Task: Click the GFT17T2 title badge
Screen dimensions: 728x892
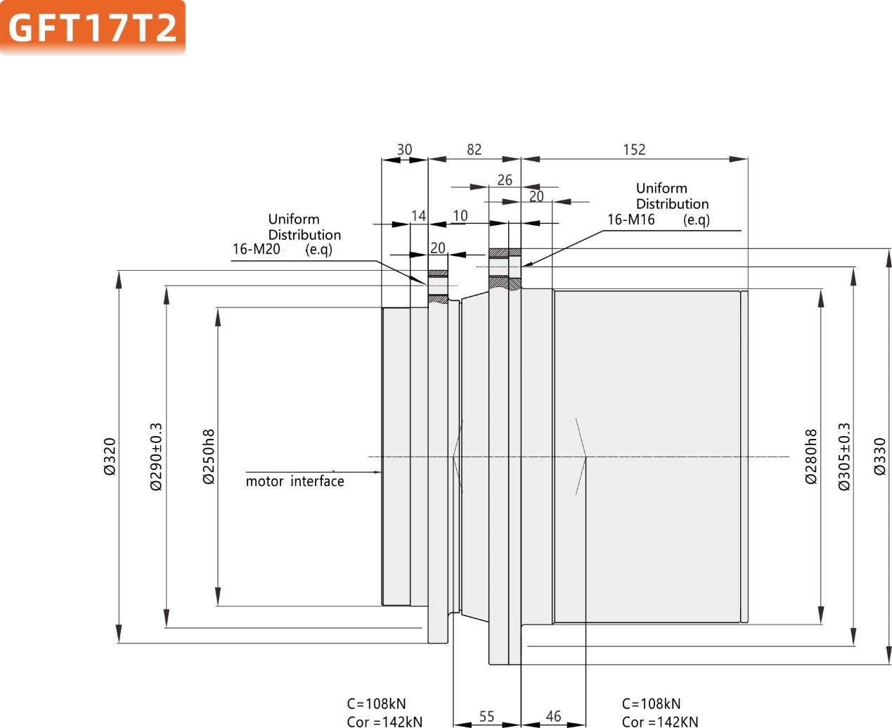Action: pyautogui.click(x=92, y=27)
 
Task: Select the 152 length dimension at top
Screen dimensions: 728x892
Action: pyautogui.click(x=633, y=149)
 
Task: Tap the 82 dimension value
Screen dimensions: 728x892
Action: pyautogui.click(x=474, y=149)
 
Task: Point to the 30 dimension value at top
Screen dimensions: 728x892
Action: pyautogui.click(x=404, y=149)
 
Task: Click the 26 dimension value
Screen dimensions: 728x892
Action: pyautogui.click(x=505, y=180)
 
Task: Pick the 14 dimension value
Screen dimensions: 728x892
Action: pyautogui.click(x=418, y=216)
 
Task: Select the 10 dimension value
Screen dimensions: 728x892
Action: pyautogui.click(x=460, y=216)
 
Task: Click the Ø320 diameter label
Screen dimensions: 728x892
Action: pyautogui.click(x=110, y=456)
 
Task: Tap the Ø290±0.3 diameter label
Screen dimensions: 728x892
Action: pyautogui.click(x=156, y=456)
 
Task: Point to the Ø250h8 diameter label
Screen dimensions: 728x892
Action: pyautogui.click(x=209, y=456)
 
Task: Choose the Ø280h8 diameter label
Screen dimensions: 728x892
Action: pyautogui.click(x=811, y=456)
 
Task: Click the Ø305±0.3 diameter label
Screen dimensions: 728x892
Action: pyautogui.click(x=844, y=456)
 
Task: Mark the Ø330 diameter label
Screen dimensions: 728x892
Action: pyautogui.click(x=880, y=456)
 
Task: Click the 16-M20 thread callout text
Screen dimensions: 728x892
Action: pyautogui.click(x=257, y=249)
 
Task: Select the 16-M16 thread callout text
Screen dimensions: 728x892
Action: pyautogui.click(x=631, y=219)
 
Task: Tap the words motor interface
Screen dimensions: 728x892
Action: pyautogui.click(x=295, y=481)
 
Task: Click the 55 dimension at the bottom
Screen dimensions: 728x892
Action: pyautogui.click(x=486, y=716)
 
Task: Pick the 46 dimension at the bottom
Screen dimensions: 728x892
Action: pyautogui.click(x=553, y=716)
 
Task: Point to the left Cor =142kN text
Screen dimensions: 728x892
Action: pyautogui.click(x=384, y=721)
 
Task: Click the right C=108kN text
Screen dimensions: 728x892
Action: pyautogui.click(x=651, y=703)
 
